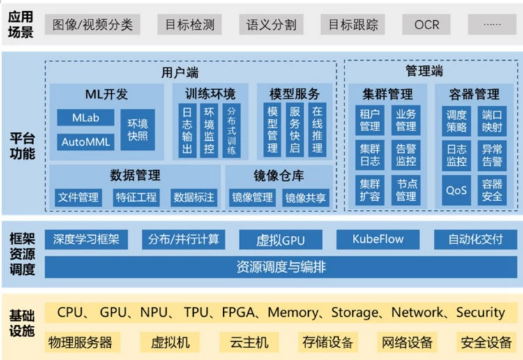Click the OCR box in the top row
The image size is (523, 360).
point(427,25)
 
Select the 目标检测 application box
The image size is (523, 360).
point(190,25)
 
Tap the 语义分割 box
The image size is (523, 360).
point(271,25)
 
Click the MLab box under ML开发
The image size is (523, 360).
point(86,118)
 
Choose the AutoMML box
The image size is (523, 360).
point(86,142)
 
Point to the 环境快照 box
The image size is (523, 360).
point(137,130)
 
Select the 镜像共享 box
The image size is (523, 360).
point(305,197)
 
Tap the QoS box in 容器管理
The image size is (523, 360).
point(456,190)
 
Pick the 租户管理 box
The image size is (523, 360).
point(370,120)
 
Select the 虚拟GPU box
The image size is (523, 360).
point(280,240)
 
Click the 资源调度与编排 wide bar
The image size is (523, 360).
point(280,267)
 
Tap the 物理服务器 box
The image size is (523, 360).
point(80,342)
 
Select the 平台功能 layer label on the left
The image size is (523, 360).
point(22,144)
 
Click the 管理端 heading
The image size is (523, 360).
point(424,71)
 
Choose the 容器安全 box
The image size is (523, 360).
point(492,190)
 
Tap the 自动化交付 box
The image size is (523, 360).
point(475,239)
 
